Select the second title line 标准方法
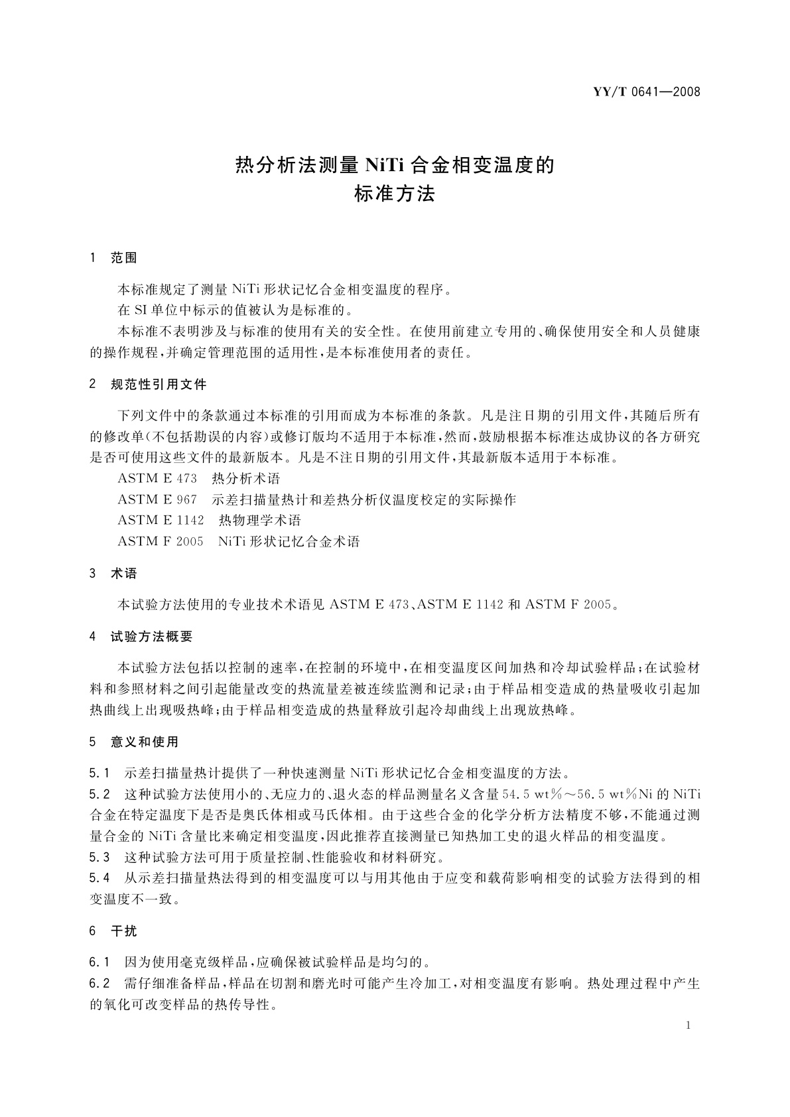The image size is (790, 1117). coord(395,194)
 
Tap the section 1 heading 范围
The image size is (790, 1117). coord(124,258)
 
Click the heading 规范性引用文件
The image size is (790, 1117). coord(159,385)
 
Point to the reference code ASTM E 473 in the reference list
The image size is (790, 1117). coord(157,478)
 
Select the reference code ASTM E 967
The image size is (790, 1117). coord(157,499)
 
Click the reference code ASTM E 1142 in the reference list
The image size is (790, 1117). coord(161,521)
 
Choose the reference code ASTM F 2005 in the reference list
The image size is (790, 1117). coord(160,542)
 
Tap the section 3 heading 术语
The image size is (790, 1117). coord(124,574)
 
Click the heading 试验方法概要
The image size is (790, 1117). coord(152,637)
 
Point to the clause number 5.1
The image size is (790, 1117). coord(99,773)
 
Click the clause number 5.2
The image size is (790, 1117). coord(99,794)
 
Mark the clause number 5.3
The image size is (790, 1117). coord(99,857)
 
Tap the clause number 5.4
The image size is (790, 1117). coord(99,878)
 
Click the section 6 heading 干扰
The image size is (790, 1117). coord(124,931)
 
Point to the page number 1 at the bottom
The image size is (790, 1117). coord(688,1025)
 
